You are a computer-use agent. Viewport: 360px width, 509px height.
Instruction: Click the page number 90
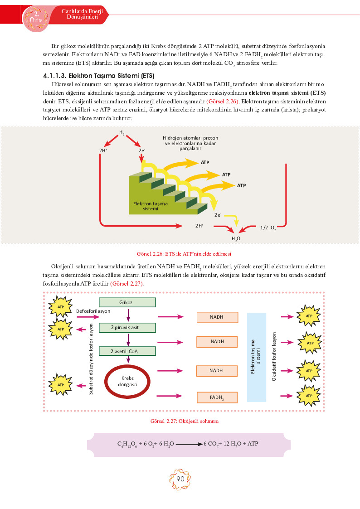point(180,479)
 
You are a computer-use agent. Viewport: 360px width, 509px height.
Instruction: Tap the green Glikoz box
point(127,302)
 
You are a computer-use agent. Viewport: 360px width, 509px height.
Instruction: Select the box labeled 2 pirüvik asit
point(127,328)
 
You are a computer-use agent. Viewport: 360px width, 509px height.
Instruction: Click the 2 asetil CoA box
point(127,351)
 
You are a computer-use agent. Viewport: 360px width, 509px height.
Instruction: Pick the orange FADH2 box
point(217,398)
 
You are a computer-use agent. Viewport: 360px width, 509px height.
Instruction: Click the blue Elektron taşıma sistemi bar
point(257,358)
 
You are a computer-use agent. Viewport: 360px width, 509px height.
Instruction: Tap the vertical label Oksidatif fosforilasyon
point(274,356)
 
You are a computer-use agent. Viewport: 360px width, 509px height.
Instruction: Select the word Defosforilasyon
point(93,311)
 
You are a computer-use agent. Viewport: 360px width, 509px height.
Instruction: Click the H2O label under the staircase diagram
point(236,239)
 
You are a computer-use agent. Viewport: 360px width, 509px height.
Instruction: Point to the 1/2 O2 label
point(268,228)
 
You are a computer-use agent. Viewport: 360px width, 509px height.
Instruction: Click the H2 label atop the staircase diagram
point(122,132)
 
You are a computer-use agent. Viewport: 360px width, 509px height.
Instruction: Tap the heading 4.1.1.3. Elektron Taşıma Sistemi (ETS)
point(99,76)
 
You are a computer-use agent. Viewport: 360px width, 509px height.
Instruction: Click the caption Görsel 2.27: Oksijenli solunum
point(185,421)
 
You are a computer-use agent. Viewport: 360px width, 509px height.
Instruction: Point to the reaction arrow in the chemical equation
point(189,444)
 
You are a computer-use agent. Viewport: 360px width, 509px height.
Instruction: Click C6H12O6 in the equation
point(127,444)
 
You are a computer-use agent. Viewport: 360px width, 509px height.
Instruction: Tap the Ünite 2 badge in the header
point(36,18)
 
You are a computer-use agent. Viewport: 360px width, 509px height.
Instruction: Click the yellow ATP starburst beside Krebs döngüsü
point(61,385)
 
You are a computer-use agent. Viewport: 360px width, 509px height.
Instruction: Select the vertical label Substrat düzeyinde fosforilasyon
point(91,359)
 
